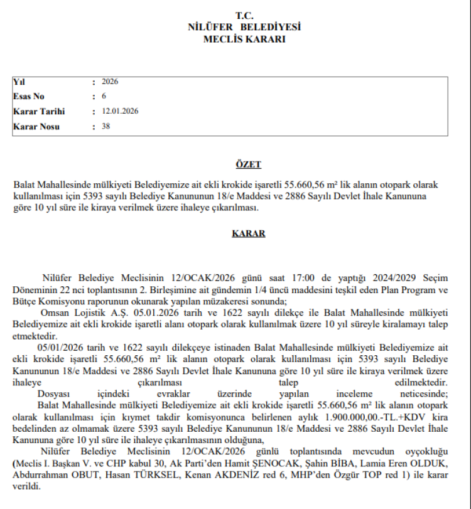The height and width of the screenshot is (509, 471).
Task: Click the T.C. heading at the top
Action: coord(244,15)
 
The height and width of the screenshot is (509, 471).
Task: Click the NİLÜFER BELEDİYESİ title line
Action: coord(244,27)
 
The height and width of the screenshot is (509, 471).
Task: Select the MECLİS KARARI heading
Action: coord(244,39)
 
